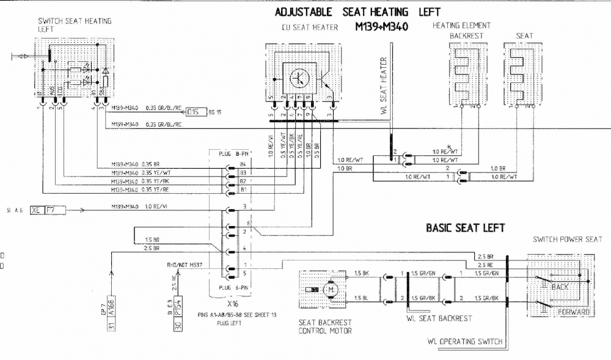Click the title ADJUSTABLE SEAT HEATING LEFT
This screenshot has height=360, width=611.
tap(357, 12)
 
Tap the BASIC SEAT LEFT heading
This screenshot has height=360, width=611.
tap(465, 228)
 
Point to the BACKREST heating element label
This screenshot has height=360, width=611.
tap(466, 35)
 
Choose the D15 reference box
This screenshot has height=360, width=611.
tap(193, 112)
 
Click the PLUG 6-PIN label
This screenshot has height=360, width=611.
tap(228, 286)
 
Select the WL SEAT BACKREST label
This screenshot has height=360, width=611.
tap(439, 318)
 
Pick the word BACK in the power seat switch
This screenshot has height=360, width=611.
tap(560, 286)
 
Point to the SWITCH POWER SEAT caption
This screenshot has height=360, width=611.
tap(567, 239)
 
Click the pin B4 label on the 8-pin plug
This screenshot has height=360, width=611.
tap(243, 164)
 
